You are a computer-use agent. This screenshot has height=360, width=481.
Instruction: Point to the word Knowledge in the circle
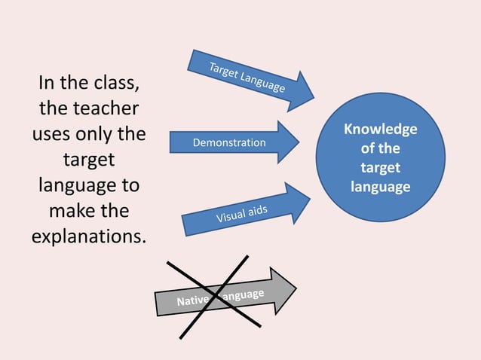pyautogui.click(x=380, y=130)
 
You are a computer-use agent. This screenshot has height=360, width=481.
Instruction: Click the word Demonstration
pyautogui.click(x=229, y=142)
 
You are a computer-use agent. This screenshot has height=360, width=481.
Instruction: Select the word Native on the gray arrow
pyautogui.click(x=193, y=301)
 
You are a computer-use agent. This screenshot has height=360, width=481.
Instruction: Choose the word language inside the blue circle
pyautogui.click(x=380, y=186)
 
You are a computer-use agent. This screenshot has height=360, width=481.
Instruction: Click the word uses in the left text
pyautogui.click(x=55, y=136)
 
